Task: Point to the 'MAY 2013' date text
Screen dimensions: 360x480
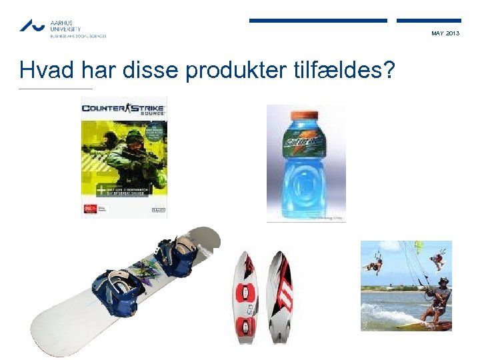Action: (x=445, y=33)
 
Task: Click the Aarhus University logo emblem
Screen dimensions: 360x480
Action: (x=32, y=26)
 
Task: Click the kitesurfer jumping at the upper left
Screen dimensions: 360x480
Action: (x=375, y=265)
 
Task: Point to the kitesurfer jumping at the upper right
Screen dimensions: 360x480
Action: (x=436, y=259)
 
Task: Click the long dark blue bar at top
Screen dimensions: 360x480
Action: (x=318, y=21)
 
